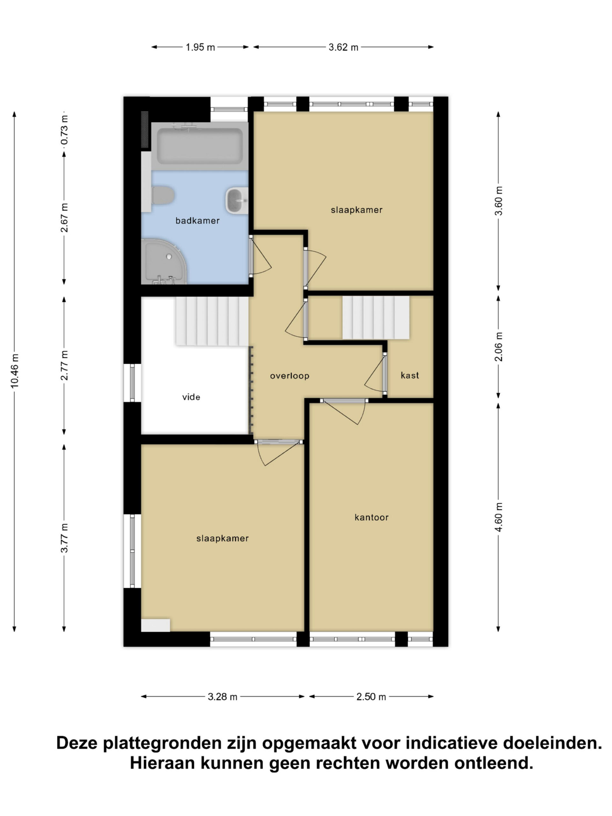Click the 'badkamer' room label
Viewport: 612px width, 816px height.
[x=197, y=221]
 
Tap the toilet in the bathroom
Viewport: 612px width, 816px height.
[x=163, y=195]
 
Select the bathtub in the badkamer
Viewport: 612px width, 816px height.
[x=200, y=146]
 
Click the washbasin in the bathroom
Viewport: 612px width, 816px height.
[x=237, y=200]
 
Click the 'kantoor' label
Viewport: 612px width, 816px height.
[x=371, y=517]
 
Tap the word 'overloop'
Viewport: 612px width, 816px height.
[x=289, y=376]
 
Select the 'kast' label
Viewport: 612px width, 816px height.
[x=410, y=375]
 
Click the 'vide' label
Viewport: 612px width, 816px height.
[x=191, y=397]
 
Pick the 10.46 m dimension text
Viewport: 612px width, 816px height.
[x=14, y=371]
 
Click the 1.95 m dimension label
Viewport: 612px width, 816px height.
[x=200, y=47]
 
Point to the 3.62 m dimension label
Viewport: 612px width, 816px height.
[x=343, y=47]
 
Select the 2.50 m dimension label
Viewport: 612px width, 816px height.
[x=371, y=697]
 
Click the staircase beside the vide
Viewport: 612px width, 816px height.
[x=212, y=321]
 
